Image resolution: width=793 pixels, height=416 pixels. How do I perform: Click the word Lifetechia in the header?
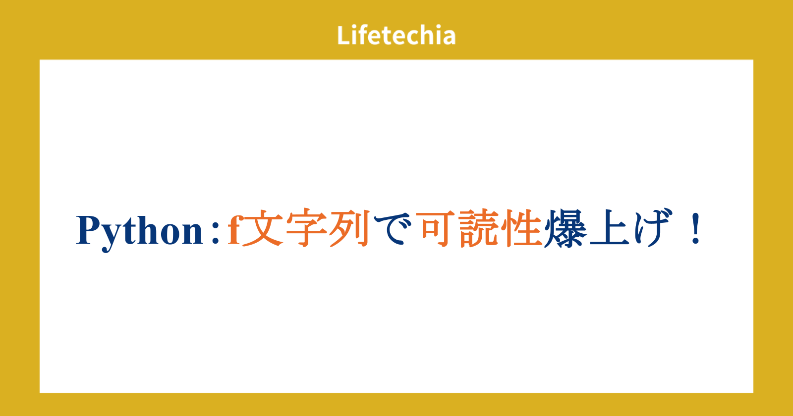pos(396,35)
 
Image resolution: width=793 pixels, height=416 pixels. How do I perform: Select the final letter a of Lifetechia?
pos(448,38)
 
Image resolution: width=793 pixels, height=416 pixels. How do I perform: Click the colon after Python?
pos(215,233)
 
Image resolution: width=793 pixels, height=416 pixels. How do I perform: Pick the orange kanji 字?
pos(307,228)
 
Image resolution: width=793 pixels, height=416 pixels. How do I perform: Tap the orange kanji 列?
pos(350,228)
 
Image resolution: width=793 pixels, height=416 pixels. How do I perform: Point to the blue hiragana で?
pos(393,229)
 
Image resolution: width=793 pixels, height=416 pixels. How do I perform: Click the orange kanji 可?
pos(435,228)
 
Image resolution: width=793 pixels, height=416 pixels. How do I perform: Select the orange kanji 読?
pos(479,228)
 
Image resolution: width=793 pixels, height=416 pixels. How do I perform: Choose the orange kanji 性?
pos(522,228)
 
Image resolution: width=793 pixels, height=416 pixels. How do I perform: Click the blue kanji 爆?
pos(566,228)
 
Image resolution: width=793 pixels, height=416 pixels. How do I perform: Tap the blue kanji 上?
pos(609,228)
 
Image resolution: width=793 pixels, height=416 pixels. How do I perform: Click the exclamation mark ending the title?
pos(696,228)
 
